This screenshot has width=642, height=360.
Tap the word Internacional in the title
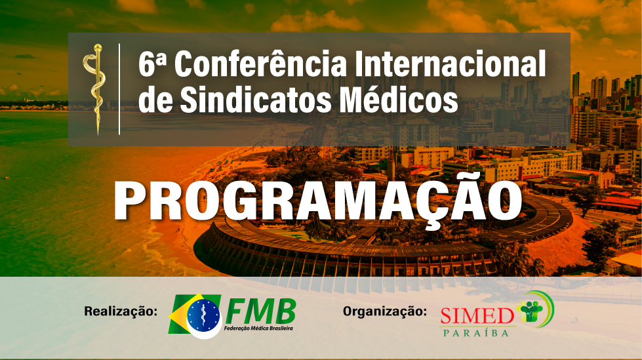450,64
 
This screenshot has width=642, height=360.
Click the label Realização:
121,311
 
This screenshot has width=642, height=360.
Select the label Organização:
385,311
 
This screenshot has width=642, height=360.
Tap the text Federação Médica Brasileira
258,329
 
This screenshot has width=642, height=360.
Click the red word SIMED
477,315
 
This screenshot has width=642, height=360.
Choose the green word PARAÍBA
476,332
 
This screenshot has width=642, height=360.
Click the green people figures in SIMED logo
529,310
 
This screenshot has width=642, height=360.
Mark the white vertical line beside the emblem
119,89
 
